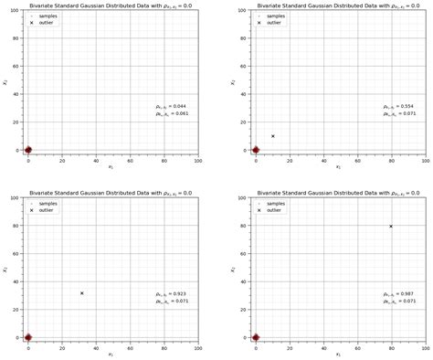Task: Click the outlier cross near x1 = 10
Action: click(272, 136)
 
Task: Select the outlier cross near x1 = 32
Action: click(81, 293)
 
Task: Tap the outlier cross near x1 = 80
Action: click(391, 227)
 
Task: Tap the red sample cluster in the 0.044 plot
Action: click(27, 150)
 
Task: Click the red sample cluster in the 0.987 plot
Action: click(256, 337)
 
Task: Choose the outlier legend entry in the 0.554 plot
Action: click(272, 23)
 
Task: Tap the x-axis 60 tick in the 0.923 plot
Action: click(130, 346)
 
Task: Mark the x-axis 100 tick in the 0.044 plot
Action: click(197, 159)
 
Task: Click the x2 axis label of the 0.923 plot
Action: click(5, 270)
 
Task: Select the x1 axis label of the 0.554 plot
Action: click(337, 166)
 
